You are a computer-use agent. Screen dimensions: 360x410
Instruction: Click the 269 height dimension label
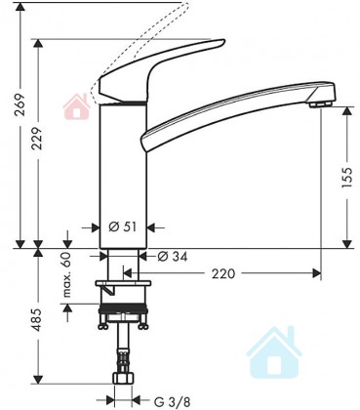[x=20, y=104]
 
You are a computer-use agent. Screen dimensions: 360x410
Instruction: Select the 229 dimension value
[x=39, y=139]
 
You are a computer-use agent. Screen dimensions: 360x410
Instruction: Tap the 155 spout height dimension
[x=347, y=178]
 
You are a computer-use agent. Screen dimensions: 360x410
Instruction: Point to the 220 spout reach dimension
[x=223, y=273]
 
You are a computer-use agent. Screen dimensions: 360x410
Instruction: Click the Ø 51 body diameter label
[x=122, y=226]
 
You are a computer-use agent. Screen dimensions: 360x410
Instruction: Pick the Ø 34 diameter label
[x=173, y=257]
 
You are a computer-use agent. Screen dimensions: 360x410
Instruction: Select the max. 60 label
[x=66, y=274]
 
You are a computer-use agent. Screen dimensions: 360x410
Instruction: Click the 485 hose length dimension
[x=38, y=319]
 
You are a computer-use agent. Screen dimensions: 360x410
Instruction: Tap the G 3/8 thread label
[x=172, y=401]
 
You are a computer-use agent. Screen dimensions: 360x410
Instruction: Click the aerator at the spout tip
[x=321, y=104]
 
